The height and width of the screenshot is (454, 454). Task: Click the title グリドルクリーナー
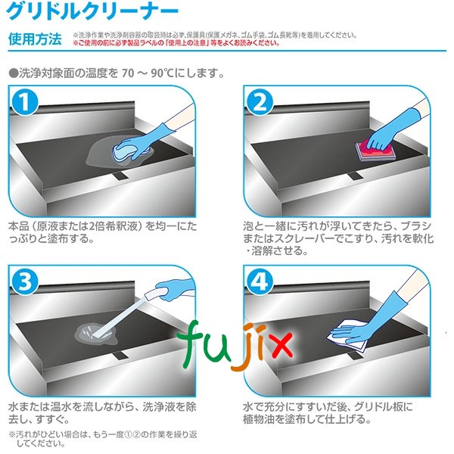(94, 11)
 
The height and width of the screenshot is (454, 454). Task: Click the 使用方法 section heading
(35, 39)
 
